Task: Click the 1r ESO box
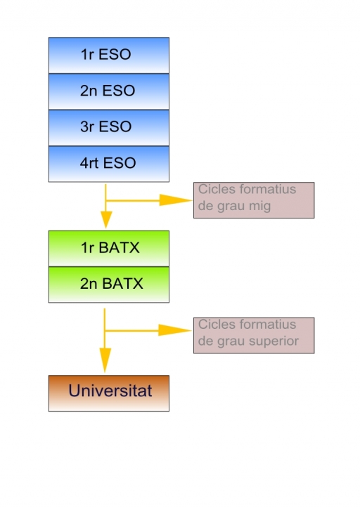click(x=108, y=55)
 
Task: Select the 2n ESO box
click(x=108, y=91)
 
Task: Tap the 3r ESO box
click(x=108, y=128)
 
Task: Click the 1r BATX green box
click(x=108, y=248)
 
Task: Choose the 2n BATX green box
click(x=108, y=285)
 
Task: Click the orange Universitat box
click(x=108, y=393)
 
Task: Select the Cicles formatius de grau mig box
click(x=253, y=200)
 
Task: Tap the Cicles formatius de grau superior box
click(x=253, y=335)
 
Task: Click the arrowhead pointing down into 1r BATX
click(x=105, y=219)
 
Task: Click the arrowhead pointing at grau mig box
click(x=174, y=200)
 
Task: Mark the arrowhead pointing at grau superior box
click(x=174, y=330)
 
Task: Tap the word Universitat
click(x=110, y=391)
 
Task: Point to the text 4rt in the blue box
click(x=89, y=164)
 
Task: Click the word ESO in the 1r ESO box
click(x=115, y=55)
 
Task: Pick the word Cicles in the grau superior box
click(x=215, y=325)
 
